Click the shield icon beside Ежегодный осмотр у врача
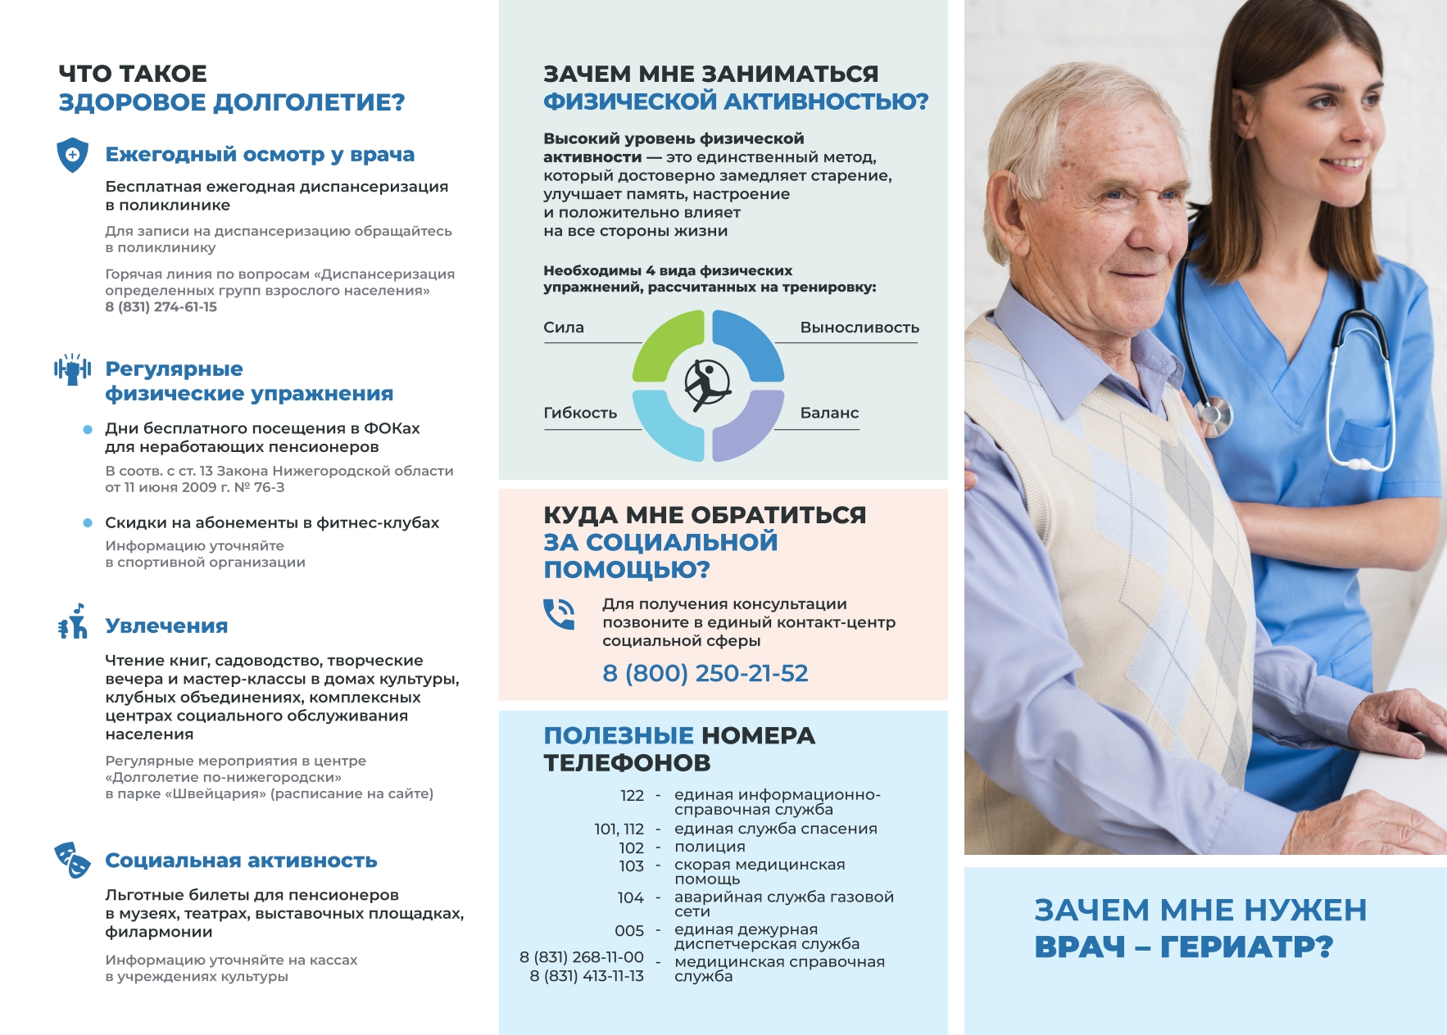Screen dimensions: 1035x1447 point(72,155)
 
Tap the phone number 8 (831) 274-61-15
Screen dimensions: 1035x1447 point(161,307)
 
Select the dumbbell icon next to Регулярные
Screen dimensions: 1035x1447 point(72,369)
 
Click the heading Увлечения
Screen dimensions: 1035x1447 point(166,626)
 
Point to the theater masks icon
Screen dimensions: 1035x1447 point(72,860)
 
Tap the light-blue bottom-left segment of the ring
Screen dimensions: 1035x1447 point(665,426)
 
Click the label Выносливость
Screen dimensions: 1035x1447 point(859,328)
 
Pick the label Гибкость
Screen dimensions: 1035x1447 point(580,414)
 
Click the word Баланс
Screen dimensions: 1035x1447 point(829,414)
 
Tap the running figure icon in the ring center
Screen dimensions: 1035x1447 point(707,384)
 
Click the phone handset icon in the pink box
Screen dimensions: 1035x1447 point(559,614)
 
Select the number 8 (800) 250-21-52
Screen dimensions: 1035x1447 point(705,673)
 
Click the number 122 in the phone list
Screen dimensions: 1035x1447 point(632,796)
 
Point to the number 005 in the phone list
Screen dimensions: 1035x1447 point(629,931)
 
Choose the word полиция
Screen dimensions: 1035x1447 point(710,847)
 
